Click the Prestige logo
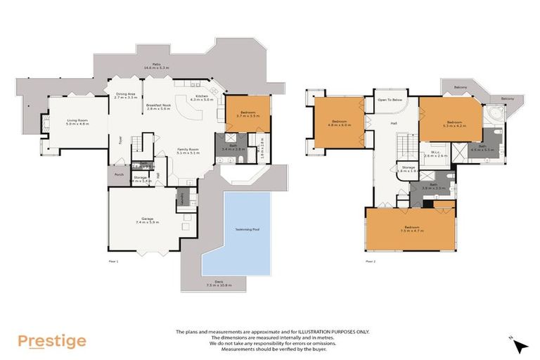click(52, 341)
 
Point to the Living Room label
click(77, 122)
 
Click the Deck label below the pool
click(219, 283)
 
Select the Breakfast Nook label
click(158, 107)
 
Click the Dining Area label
click(125, 95)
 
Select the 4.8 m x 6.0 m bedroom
click(340, 124)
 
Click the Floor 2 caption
click(371, 262)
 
